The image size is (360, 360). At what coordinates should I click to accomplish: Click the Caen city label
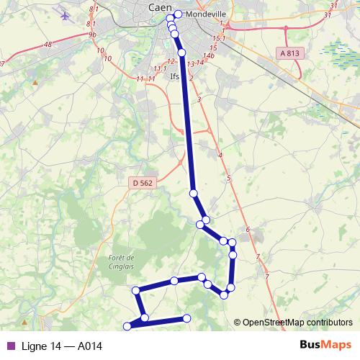(x=159, y=6)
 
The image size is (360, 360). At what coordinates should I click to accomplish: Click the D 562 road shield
(x=143, y=184)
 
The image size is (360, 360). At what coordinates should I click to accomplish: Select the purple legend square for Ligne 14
(x=10, y=346)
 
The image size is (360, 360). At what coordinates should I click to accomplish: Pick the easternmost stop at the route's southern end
(x=186, y=318)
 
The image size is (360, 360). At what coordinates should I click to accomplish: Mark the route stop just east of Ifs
(x=181, y=53)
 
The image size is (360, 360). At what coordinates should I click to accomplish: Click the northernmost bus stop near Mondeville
(x=178, y=14)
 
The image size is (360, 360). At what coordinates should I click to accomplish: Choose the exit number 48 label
(x=48, y=45)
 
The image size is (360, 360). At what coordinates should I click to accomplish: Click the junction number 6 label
(x=248, y=230)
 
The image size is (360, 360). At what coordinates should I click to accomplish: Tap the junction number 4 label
(x=220, y=156)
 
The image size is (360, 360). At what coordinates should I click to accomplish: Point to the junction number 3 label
(x=198, y=99)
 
